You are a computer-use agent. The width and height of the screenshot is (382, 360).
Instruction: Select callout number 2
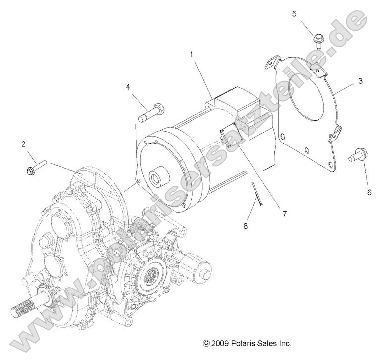click(x=23, y=144)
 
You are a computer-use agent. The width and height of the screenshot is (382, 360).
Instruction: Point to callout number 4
click(x=128, y=87)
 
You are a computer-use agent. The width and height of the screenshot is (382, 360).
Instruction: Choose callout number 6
click(x=369, y=192)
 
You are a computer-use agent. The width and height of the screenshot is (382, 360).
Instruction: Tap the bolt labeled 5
click(x=318, y=38)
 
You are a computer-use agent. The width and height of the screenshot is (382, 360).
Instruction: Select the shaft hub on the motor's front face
click(x=158, y=178)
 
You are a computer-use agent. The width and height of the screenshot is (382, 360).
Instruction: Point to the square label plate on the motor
click(x=230, y=134)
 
